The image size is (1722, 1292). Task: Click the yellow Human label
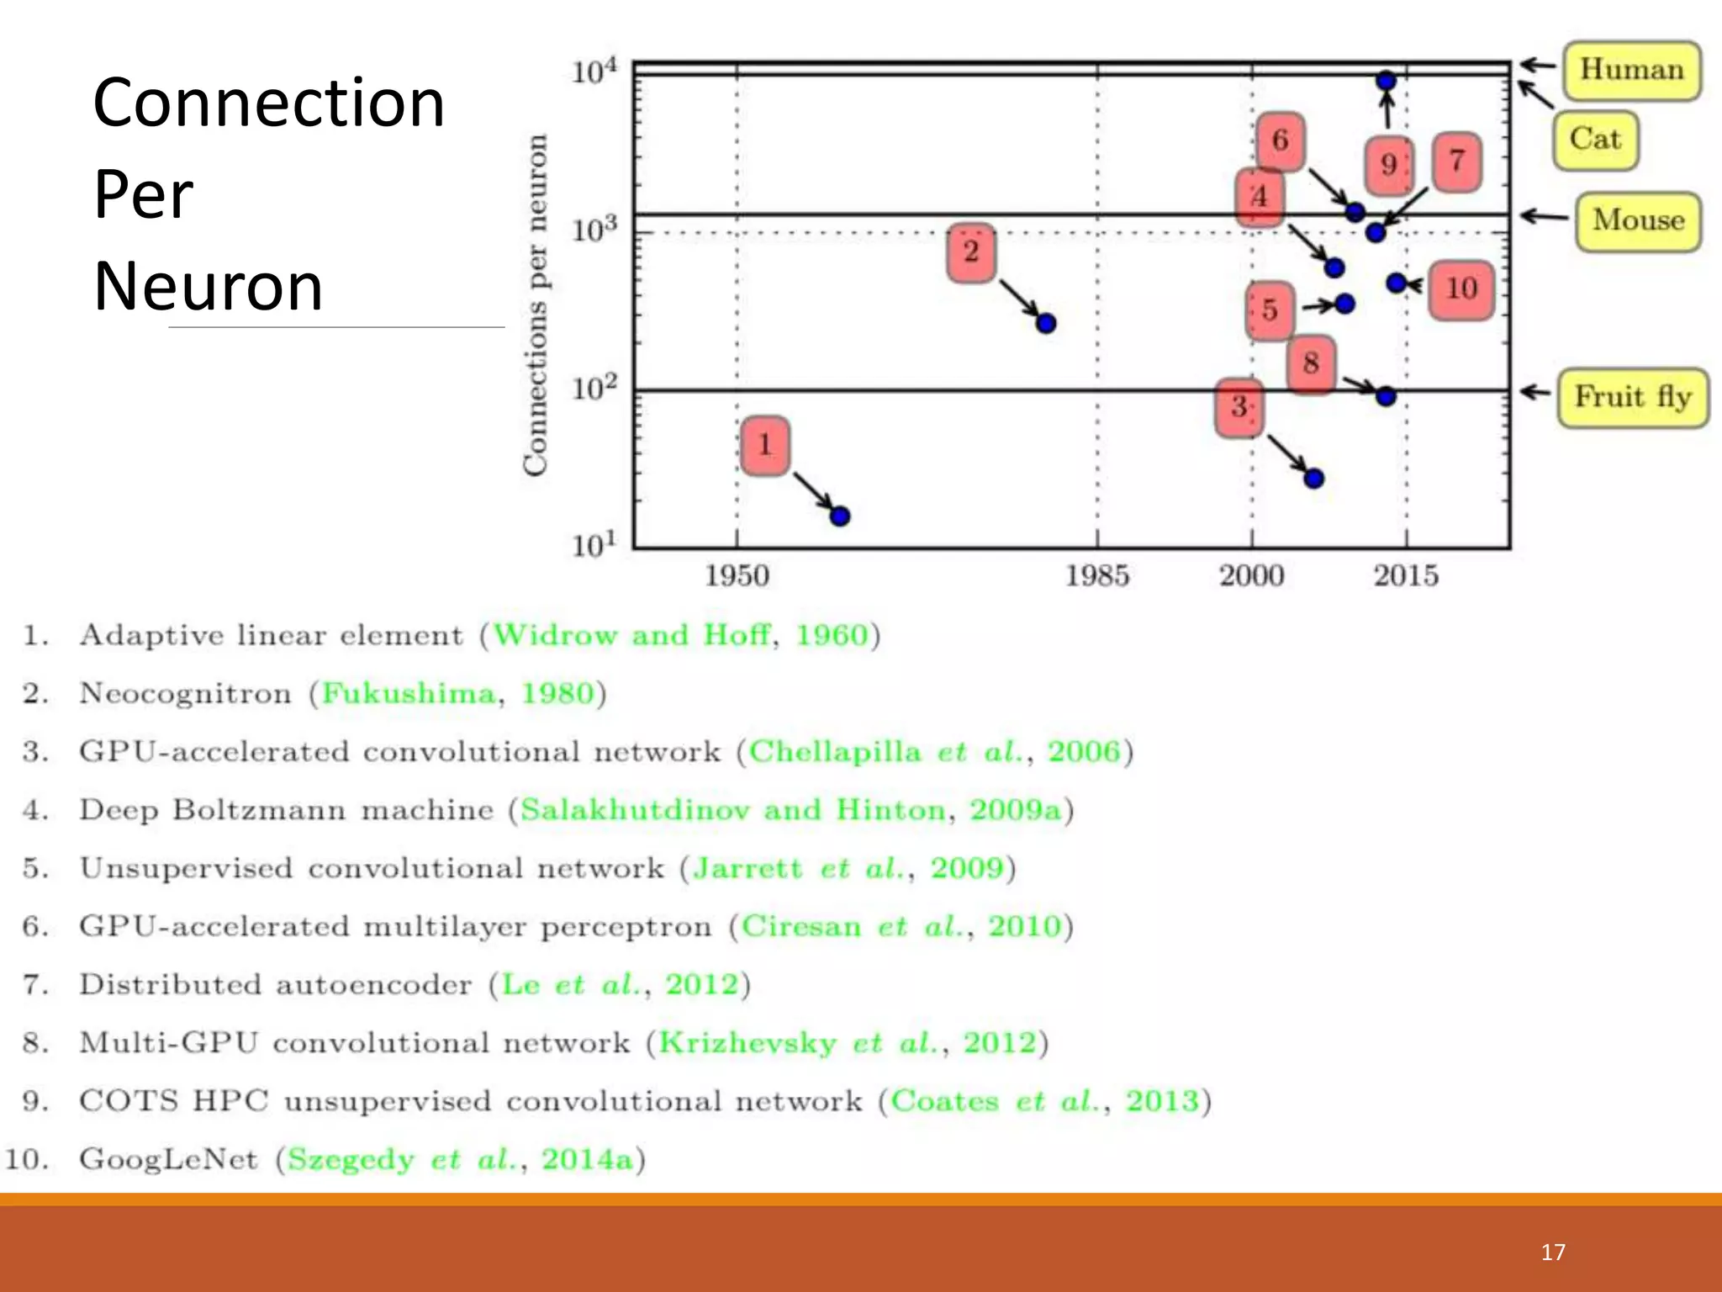(1631, 70)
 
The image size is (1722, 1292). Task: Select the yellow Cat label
(1595, 140)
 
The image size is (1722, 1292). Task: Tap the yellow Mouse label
(1638, 221)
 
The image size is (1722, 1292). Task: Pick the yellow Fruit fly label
(1632, 397)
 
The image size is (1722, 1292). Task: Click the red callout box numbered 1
(765, 445)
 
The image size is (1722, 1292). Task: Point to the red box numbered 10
(1461, 289)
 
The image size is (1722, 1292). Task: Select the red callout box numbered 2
(971, 252)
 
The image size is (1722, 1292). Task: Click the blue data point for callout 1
(839, 516)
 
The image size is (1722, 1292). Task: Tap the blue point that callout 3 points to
(1313, 479)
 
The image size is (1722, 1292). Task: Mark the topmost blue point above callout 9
(1387, 81)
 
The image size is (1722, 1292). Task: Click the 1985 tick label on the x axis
(1096, 576)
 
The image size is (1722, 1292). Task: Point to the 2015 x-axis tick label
(1406, 576)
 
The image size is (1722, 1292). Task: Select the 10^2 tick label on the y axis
(594, 389)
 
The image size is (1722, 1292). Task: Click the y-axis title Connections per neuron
(536, 304)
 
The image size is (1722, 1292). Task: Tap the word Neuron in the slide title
(208, 287)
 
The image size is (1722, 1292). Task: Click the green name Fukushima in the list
(409, 694)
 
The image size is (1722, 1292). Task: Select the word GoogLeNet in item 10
(168, 1159)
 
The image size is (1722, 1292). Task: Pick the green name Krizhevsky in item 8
(747, 1043)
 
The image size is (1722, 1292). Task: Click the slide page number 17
(1552, 1252)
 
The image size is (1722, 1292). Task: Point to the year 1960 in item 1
(831, 635)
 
